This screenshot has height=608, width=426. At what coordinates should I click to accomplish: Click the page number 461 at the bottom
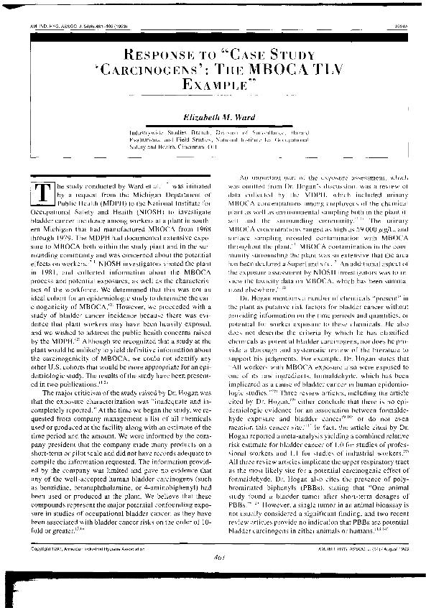point(213,582)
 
